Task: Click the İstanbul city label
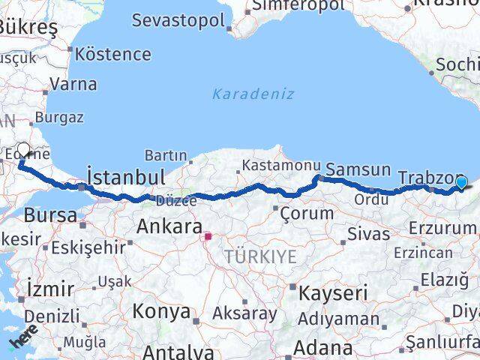click(x=126, y=178)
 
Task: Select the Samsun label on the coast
click(x=358, y=170)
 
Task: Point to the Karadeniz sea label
click(x=253, y=94)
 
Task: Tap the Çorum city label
click(x=306, y=213)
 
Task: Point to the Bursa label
click(x=50, y=216)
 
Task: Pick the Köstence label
click(x=113, y=54)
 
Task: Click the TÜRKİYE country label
click(x=259, y=257)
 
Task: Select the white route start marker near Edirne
click(x=23, y=149)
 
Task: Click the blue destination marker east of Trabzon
click(x=460, y=182)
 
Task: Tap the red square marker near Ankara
click(x=208, y=238)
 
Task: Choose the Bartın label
click(x=165, y=155)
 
